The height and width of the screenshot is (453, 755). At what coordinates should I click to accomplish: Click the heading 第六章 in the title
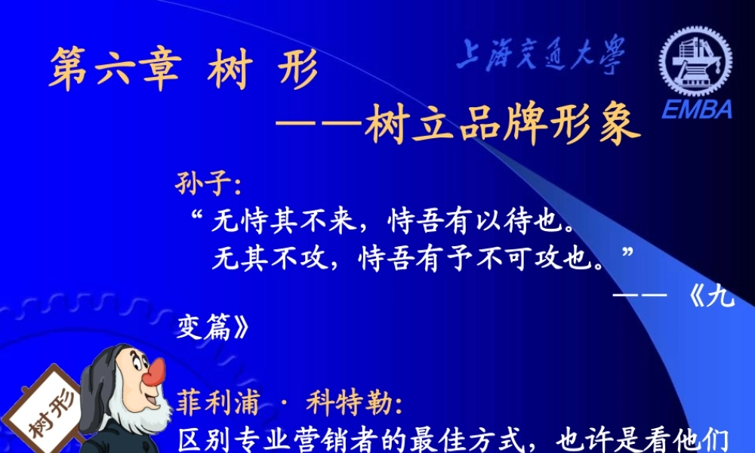115,70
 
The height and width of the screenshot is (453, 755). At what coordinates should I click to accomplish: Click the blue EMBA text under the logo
697,110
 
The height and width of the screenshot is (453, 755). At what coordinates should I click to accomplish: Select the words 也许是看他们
642,439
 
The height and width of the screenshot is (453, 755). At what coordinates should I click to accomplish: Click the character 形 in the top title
295,70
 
